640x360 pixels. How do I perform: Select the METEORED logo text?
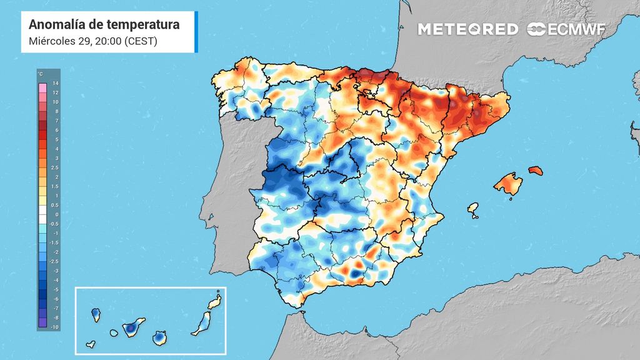click(467, 29)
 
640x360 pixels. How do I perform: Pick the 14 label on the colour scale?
click(55, 83)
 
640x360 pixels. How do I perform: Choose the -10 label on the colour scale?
click(55, 327)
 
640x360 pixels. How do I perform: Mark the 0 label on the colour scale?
click(55, 214)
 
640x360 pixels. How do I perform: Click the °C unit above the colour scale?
click(41, 74)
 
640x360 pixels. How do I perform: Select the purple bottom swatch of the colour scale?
click(42, 322)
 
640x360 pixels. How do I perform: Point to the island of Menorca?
click(534, 170)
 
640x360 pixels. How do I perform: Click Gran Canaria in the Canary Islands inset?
click(160, 337)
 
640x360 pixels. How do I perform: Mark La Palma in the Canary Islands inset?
click(96, 312)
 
